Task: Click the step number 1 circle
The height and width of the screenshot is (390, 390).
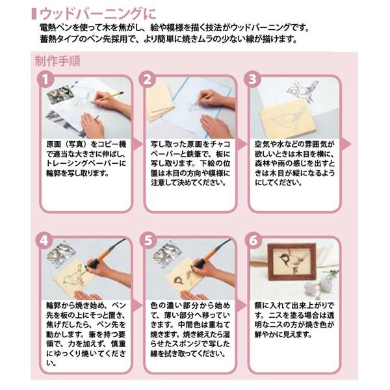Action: tap(45, 79)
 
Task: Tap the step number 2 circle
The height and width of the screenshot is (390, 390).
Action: tap(148, 79)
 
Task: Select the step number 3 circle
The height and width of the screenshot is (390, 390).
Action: tap(252, 79)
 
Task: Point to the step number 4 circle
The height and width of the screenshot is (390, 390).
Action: tap(44, 240)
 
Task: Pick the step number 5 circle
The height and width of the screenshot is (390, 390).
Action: tap(148, 240)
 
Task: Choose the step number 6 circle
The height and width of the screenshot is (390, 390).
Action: tap(253, 240)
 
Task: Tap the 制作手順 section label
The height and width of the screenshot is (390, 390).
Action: tap(57, 61)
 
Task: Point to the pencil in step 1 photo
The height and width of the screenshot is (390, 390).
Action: tap(107, 97)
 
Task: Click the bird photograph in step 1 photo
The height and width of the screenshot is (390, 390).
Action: tap(60, 95)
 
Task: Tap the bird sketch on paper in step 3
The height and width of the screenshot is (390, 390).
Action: tap(303, 92)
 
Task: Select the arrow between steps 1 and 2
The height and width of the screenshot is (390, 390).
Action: tap(137, 144)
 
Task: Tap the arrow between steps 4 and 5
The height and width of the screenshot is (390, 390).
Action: tap(137, 305)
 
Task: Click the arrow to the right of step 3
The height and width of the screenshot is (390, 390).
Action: tap(346, 144)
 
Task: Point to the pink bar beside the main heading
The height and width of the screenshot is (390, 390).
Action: tap(34, 14)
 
